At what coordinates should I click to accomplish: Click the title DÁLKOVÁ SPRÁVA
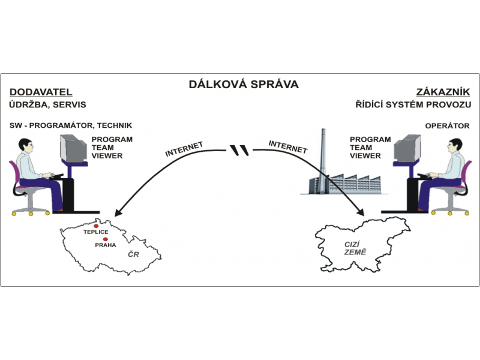(x=244, y=84)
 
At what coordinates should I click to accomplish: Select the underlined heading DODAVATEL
(x=41, y=92)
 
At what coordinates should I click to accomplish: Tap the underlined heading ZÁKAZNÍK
(x=443, y=92)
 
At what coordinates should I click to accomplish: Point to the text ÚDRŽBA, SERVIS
(x=48, y=105)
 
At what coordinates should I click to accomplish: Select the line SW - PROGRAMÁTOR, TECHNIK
(x=71, y=126)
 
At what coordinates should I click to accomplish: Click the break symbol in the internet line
(x=240, y=149)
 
